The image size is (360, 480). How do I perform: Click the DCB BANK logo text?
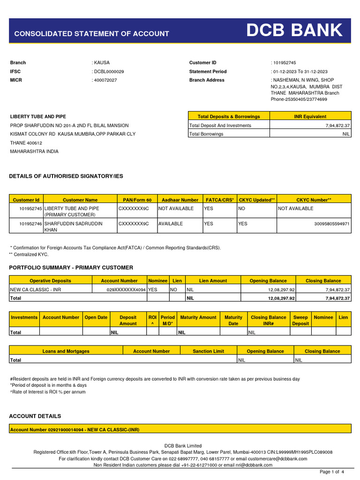pos(295,31)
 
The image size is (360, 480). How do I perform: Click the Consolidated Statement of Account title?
pos(91,34)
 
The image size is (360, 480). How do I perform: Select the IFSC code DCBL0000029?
pos(109,72)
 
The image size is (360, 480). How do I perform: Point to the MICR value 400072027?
pos(106,80)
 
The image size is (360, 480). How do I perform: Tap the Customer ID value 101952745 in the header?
pos(285,63)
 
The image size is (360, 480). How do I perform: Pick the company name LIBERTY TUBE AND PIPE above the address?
pos(38,116)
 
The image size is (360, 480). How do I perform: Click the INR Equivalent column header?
pos(310,116)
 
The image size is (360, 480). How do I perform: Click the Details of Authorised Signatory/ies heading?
pos(66,176)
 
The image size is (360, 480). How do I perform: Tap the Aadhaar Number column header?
pos(180,200)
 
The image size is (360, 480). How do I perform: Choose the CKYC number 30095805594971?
pos(332,224)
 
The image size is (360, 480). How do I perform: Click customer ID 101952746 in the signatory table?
pos(30,224)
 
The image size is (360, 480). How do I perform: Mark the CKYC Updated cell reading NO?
pos(242,209)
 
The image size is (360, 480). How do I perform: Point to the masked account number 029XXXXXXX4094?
pos(126,290)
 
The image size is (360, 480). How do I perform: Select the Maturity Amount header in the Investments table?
pos(198,317)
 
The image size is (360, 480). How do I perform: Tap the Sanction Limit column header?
pos(208,351)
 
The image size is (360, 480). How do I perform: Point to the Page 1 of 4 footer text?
pos(331,472)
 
